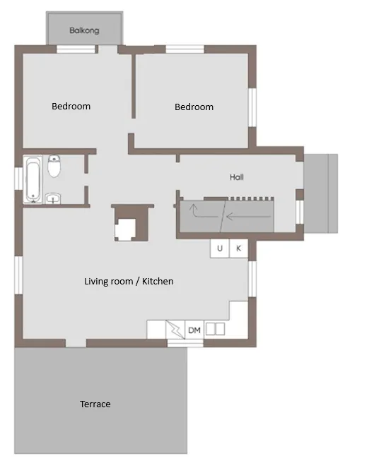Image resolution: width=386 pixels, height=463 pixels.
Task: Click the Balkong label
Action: click(x=84, y=30)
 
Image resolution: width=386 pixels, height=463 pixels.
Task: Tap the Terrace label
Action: click(x=95, y=404)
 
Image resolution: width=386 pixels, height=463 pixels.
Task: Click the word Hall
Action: click(x=236, y=177)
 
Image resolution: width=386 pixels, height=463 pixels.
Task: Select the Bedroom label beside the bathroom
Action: click(x=71, y=107)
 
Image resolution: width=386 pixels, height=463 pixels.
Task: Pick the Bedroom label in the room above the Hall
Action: click(x=194, y=107)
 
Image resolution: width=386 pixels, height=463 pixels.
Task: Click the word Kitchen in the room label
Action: click(x=158, y=282)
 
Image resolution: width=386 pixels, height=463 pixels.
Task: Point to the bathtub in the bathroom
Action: click(x=33, y=180)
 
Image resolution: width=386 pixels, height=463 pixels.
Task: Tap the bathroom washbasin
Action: click(x=53, y=198)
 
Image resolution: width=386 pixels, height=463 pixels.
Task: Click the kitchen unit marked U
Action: click(x=219, y=248)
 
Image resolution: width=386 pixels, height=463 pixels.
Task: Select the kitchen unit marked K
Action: click(x=238, y=248)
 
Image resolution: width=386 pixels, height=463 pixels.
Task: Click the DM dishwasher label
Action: click(x=194, y=330)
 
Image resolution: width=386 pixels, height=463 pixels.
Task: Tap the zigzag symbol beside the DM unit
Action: click(x=175, y=330)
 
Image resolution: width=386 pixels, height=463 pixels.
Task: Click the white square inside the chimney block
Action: click(x=127, y=229)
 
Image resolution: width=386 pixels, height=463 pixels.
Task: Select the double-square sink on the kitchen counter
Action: click(x=215, y=329)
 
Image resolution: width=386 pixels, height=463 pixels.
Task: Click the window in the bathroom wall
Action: click(x=19, y=179)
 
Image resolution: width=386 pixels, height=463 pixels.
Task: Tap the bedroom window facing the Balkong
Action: click(x=76, y=49)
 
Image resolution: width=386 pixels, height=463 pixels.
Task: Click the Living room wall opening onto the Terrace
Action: click(x=76, y=343)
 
